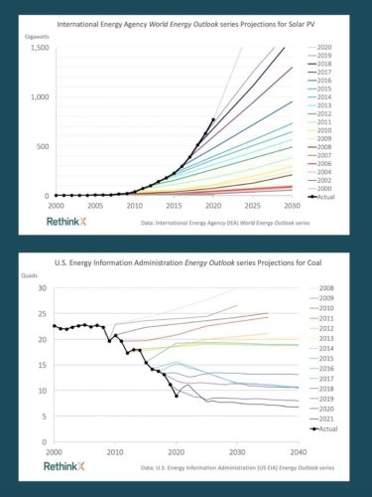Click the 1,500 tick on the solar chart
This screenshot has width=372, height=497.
coord(36,47)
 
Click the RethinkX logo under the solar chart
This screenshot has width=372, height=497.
coord(70,221)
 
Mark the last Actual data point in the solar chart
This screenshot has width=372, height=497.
coord(212,120)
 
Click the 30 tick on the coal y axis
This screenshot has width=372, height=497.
coord(42,288)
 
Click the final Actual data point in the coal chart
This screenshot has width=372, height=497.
coord(177,396)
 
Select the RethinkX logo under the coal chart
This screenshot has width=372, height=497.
coord(70,465)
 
